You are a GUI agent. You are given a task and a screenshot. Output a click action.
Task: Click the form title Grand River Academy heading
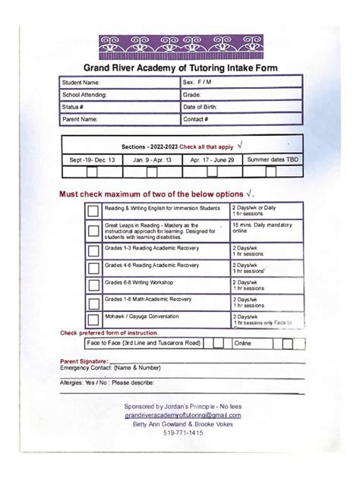tap(180, 68)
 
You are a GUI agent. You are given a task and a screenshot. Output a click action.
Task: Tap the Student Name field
tap(118, 82)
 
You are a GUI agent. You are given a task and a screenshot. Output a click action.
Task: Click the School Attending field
tap(118, 95)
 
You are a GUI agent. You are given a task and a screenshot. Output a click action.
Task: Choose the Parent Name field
tap(118, 119)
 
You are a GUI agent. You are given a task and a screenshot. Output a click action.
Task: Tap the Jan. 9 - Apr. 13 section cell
tap(152, 160)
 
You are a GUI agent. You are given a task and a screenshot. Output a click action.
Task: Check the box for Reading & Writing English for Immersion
tap(93, 211)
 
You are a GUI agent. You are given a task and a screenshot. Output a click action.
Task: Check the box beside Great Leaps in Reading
tap(93, 231)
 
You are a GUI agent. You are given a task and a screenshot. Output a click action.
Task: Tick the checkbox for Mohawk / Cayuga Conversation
tap(93, 319)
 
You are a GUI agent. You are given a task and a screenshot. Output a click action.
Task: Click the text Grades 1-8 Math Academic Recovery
tap(148, 299)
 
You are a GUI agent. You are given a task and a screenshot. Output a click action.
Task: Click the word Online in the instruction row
tap(243, 343)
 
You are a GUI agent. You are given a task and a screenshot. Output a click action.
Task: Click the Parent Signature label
tap(84, 360)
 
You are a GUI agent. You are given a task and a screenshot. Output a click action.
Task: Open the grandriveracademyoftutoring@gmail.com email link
tap(183, 415)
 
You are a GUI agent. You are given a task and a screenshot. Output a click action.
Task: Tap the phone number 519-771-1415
tap(183, 432)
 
